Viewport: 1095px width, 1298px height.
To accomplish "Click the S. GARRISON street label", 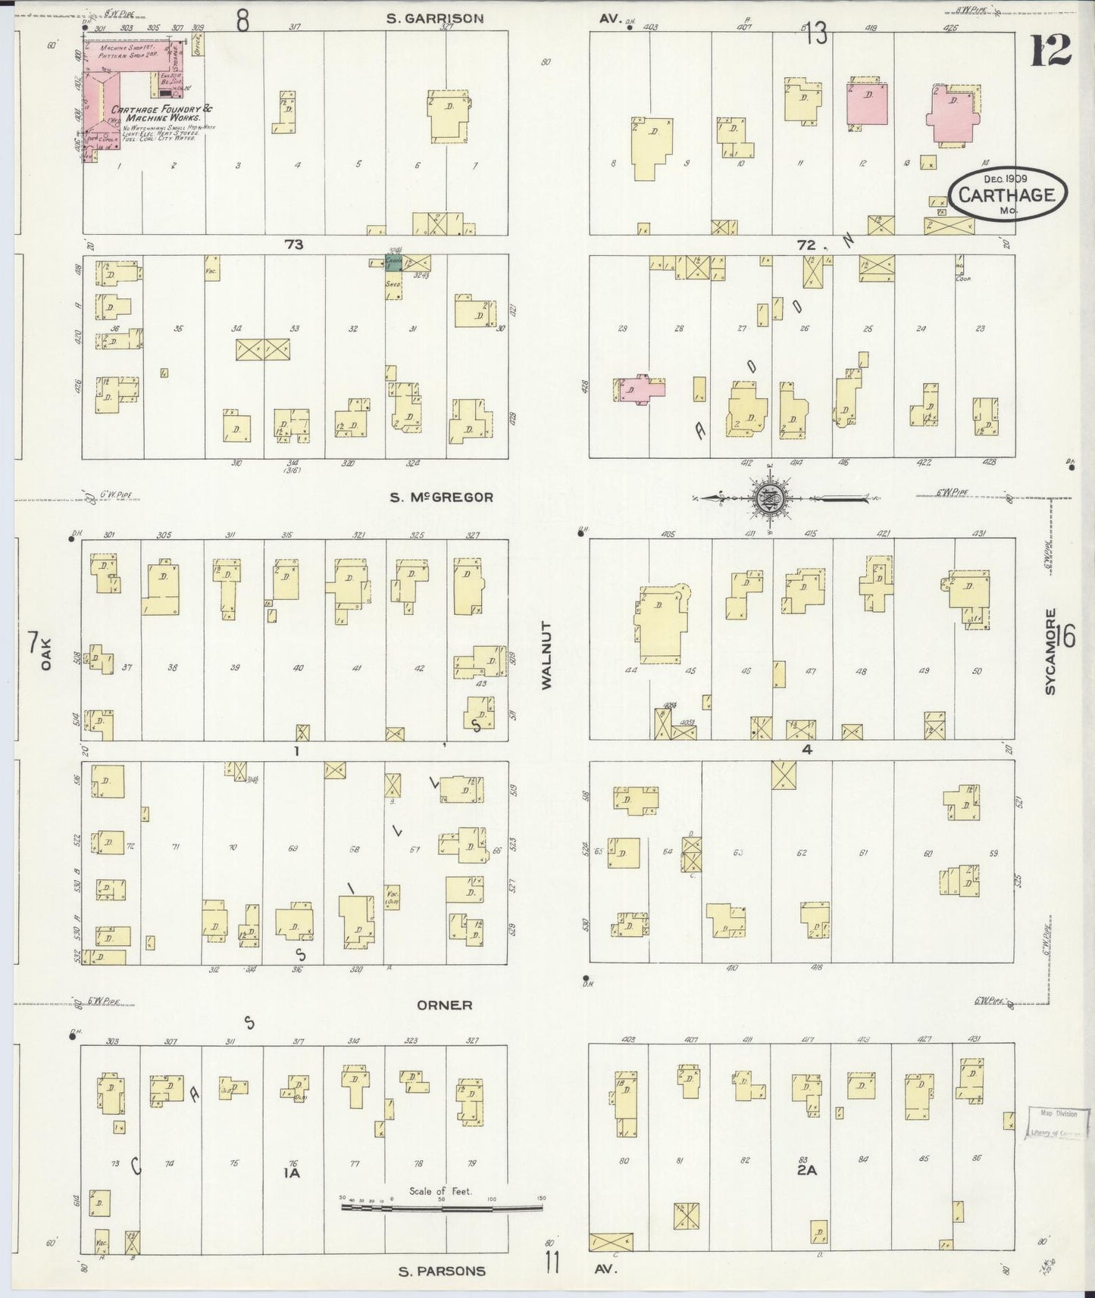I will pyautogui.click(x=434, y=18).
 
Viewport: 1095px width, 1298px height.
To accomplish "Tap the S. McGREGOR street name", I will pyautogui.click(x=441, y=498).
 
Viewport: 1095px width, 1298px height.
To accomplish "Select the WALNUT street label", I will pyautogui.click(x=547, y=656).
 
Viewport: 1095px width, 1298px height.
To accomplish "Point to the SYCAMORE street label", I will pyautogui.click(x=1050, y=651).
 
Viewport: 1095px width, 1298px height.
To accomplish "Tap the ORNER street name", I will pyautogui.click(x=444, y=1005).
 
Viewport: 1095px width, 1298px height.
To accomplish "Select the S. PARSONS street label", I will pyautogui.click(x=441, y=1271).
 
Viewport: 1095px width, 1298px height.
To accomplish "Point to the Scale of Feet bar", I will pyautogui.click(x=441, y=1207).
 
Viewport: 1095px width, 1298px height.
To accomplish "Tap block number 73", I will pyautogui.click(x=294, y=244).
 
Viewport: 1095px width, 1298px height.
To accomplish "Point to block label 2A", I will pyautogui.click(x=806, y=1170).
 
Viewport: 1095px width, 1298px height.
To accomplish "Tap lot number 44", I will pyautogui.click(x=631, y=669).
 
